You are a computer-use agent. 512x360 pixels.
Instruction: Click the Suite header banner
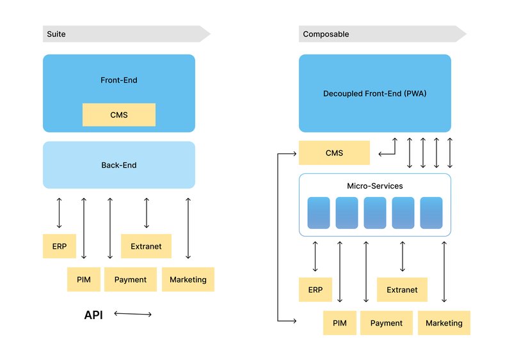[x=125, y=34]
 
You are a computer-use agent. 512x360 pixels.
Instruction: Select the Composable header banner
[x=381, y=34]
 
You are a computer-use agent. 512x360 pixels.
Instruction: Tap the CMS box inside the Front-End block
[x=119, y=115]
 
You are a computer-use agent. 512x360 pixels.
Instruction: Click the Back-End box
[x=119, y=165]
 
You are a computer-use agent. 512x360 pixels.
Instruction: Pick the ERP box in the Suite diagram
[x=60, y=246]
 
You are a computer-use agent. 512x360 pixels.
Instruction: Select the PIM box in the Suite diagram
[x=83, y=279]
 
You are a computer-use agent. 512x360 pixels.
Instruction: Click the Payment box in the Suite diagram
[x=131, y=279]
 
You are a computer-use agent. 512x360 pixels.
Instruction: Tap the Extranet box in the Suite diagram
[x=146, y=246]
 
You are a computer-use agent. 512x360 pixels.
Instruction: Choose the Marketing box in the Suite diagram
[x=188, y=279]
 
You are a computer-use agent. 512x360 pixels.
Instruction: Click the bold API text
[x=93, y=315]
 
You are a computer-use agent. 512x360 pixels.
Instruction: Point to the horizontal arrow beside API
[x=133, y=314]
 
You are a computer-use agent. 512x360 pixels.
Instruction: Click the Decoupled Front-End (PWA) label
[x=375, y=93]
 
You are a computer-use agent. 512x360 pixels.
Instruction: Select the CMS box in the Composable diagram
[x=334, y=153]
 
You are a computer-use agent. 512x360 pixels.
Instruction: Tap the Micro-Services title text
[x=375, y=186]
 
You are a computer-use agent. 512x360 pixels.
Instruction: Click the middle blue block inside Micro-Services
[x=375, y=213]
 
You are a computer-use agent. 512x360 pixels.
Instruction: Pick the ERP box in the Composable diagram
[x=316, y=290]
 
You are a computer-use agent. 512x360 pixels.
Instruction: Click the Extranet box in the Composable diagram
[x=402, y=290]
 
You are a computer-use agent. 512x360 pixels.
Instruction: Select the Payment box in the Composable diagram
[x=387, y=323]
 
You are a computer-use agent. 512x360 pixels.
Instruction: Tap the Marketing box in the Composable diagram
[x=444, y=323]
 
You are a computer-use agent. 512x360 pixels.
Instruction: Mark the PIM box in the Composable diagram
[x=339, y=323]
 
